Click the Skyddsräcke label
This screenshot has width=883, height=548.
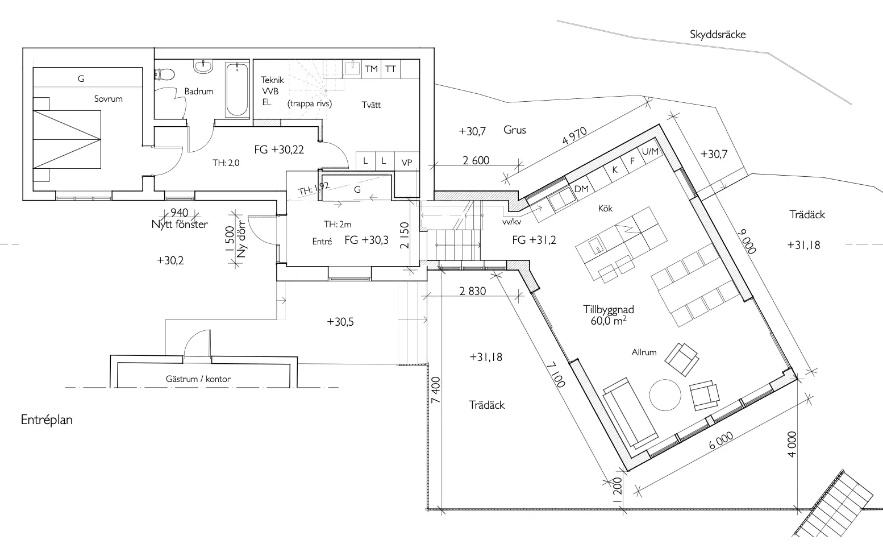click(x=718, y=34)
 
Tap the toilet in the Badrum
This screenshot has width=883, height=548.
click(x=165, y=74)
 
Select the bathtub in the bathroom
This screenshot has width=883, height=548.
click(x=236, y=89)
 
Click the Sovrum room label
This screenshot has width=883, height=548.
click(x=108, y=98)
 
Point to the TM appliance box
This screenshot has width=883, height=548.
click(x=371, y=69)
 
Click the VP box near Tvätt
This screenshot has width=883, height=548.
click(x=406, y=162)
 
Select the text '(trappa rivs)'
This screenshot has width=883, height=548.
click(x=310, y=103)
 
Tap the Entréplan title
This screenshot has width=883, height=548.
click(x=47, y=420)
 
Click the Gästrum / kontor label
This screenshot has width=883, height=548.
click(x=198, y=379)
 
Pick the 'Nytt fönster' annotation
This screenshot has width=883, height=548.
click(x=180, y=224)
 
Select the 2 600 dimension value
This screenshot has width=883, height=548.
click(x=476, y=160)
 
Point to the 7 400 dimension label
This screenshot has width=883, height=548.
click(x=436, y=390)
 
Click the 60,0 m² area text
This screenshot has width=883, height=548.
click(x=609, y=321)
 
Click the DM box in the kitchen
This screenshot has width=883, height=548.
click(x=581, y=189)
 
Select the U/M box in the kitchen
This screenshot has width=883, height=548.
click(x=649, y=151)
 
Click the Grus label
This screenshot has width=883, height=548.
click(x=515, y=130)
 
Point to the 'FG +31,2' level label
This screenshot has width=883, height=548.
click(x=534, y=240)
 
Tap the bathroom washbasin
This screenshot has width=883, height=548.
click(x=203, y=67)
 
